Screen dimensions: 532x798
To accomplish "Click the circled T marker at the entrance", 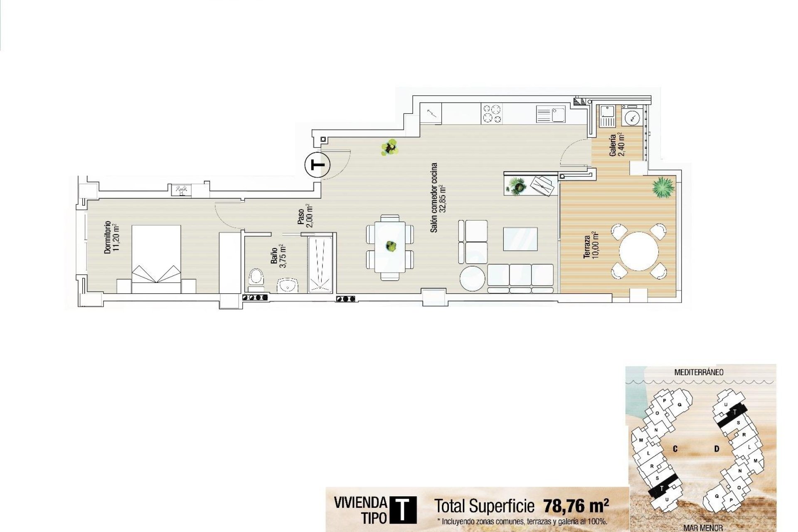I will (318, 165).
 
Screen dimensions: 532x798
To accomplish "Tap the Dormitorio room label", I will (111, 237).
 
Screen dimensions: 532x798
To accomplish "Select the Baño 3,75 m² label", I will (278, 256).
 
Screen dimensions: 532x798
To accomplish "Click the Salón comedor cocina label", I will (438, 197).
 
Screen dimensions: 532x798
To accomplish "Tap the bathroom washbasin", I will (288, 286).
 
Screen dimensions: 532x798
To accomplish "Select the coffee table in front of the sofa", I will (520, 239).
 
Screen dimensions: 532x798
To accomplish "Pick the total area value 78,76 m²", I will (576, 506).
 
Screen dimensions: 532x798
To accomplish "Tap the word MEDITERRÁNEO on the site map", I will (699, 372).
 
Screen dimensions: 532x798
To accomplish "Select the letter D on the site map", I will (717, 449).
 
